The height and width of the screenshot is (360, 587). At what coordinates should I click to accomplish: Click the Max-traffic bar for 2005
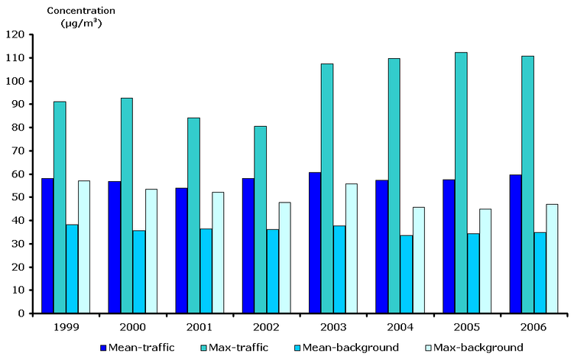point(461,183)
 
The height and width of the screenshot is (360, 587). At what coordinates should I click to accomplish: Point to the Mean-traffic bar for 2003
point(315,242)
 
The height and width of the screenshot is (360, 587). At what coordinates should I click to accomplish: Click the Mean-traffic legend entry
point(137,347)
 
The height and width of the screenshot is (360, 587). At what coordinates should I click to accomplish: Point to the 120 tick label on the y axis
point(16,34)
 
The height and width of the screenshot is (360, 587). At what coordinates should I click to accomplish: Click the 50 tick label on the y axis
point(18,197)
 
